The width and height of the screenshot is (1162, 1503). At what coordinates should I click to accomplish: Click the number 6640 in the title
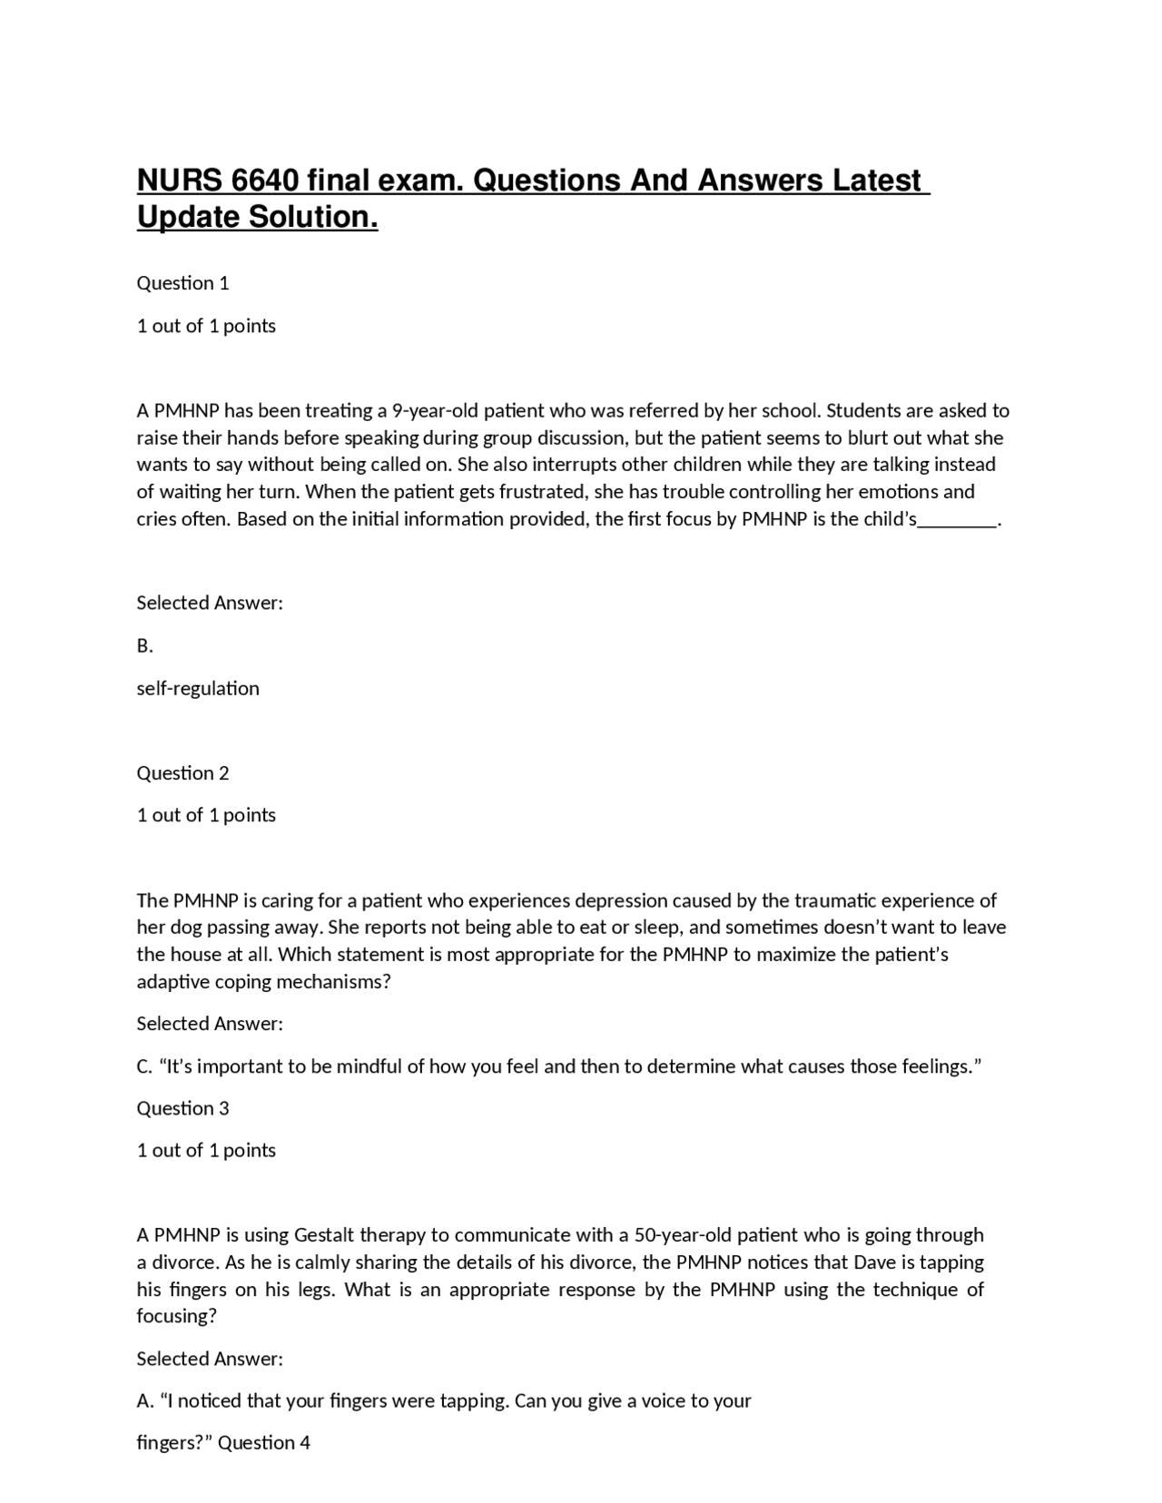pos(264,181)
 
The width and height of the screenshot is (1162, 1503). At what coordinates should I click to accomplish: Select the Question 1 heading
pos(182,283)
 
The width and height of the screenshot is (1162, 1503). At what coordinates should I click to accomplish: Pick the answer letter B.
pos(144,646)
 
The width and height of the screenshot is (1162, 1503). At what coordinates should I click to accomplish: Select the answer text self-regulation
pos(198,689)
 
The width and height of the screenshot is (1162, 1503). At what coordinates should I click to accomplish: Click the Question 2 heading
pos(182,773)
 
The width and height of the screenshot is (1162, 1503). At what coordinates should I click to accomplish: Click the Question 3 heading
pos(182,1108)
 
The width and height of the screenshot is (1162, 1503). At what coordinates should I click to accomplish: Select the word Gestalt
pos(324,1235)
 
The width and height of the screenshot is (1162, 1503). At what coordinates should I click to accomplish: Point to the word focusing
pos(176,1317)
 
